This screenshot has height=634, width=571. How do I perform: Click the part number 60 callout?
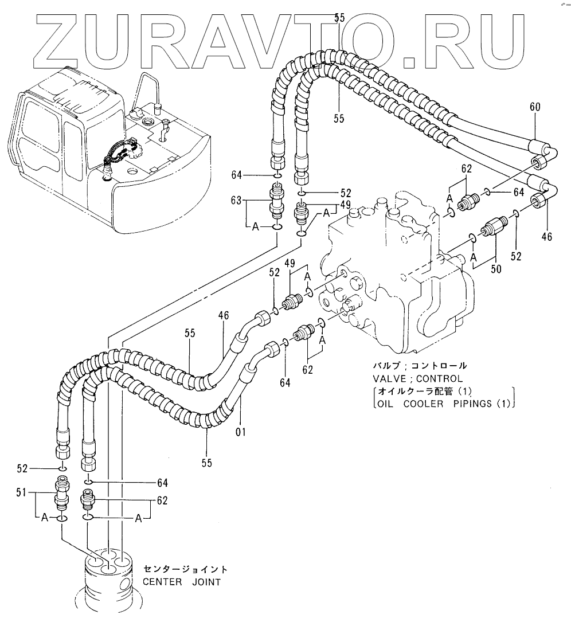click(x=535, y=107)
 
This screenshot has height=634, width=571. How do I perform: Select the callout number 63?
click(x=236, y=201)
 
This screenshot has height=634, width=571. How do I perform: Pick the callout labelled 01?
click(x=241, y=431)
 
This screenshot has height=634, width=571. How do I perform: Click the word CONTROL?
click(x=441, y=378)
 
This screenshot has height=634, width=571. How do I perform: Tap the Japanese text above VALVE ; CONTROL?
click(x=420, y=366)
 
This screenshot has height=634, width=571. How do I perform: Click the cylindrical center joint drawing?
click(x=109, y=579)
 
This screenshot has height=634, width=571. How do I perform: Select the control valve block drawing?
click(x=396, y=269)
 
